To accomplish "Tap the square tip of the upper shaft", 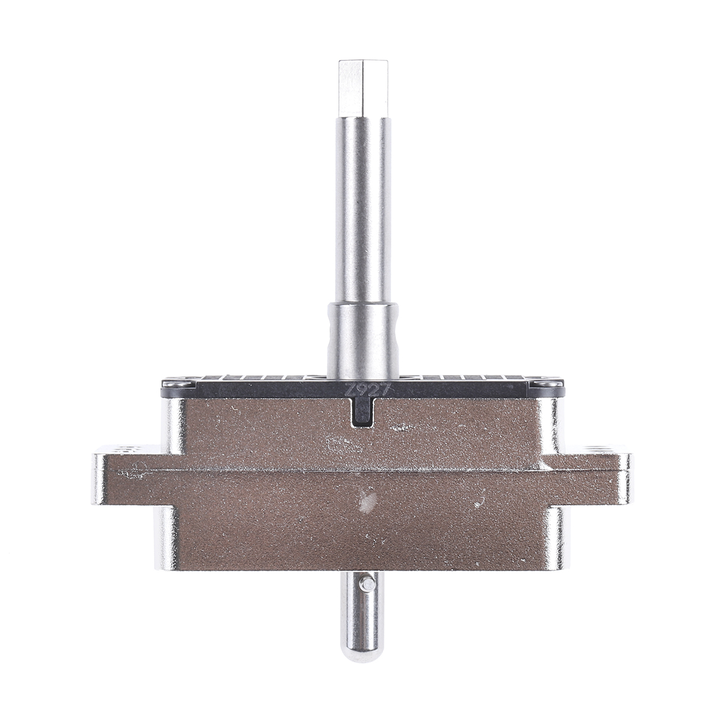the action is [x=363, y=88].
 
